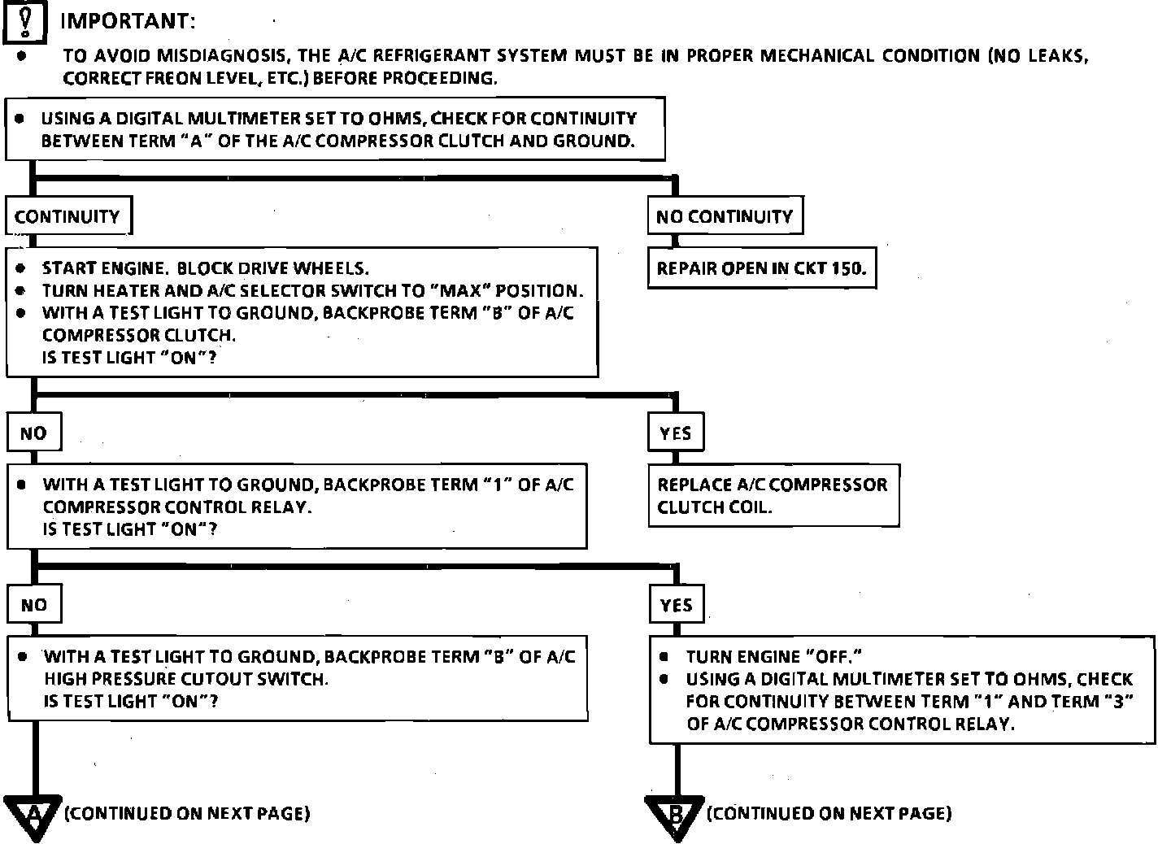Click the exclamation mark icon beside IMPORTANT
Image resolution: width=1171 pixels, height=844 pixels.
click(x=25, y=21)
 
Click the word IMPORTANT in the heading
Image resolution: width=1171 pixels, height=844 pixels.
click(x=128, y=21)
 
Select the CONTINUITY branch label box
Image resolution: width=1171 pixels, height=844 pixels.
click(x=67, y=216)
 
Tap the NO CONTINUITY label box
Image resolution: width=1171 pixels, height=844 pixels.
click(x=724, y=216)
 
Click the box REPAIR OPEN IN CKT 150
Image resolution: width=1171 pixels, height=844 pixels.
click(x=761, y=268)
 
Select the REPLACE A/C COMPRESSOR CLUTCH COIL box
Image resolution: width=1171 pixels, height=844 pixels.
click(x=773, y=495)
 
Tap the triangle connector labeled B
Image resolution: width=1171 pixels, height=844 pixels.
click(x=674, y=816)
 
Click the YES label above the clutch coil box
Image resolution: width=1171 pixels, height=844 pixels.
click(x=675, y=433)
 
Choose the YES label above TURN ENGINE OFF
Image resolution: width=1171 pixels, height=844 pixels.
click(x=676, y=605)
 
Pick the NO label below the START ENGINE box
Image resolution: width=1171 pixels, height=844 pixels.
click(x=33, y=433)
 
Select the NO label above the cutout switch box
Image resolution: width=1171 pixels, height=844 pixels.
click(x=33, y=605)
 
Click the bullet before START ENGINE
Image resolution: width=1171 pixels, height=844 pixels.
click(x=20, y=268)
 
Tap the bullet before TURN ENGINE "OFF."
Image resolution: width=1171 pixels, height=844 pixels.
click(x=665, y=656)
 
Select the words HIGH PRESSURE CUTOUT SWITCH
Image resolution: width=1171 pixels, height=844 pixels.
click(x=186, y=679)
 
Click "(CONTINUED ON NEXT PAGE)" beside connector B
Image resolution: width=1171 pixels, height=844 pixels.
click(x=829, y=813)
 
